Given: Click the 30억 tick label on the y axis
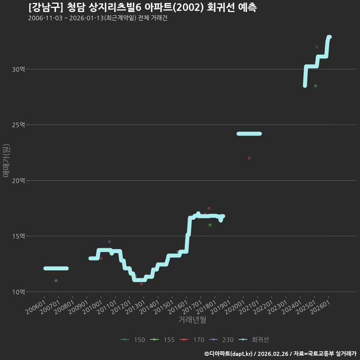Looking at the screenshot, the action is pos(18,69).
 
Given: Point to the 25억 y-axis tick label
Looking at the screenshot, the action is pos(18,125).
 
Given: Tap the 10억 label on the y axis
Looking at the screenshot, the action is pos(18,292).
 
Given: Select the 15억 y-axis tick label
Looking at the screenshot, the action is pos(18,236).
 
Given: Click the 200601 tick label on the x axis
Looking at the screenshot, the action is pos(35,307).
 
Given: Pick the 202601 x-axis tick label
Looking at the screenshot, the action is pos(320,307).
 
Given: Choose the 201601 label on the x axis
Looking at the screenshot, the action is pos(178,307).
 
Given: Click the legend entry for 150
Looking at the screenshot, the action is pos(133,340).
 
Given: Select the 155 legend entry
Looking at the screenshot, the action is pos(162,340).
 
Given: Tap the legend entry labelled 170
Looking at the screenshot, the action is pos(192,340).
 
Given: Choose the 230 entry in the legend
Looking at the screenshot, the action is pos(221,340).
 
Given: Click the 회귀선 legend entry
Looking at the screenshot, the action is pos(253,340).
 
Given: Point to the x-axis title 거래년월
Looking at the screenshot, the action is pos(192,319).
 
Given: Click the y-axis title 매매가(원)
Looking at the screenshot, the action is pos(6,160).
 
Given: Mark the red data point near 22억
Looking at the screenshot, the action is pos(249,158).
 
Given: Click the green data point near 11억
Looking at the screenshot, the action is pos(56,280).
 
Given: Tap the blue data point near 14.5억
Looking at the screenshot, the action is pos(109,241).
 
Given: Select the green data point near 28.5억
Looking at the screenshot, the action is pos(315,86).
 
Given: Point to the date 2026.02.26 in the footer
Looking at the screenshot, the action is pos(273,354).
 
